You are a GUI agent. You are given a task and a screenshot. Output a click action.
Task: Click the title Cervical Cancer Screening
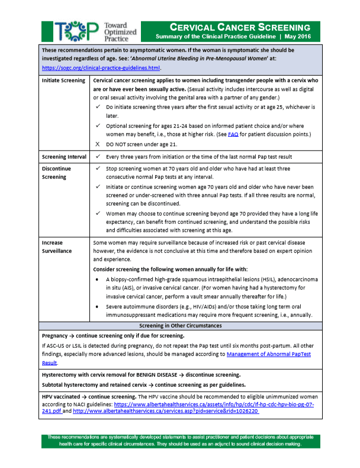pos(240,27)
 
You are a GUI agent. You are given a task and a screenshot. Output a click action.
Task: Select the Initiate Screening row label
pos(63,80)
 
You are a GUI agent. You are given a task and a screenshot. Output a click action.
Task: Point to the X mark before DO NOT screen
pos(98,145)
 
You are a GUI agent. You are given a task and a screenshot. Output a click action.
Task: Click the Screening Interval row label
pos(65,156)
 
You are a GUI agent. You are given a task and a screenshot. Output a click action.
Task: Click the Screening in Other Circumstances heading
pos(179,326)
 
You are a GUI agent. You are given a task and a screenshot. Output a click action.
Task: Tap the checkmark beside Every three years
pos(98,156)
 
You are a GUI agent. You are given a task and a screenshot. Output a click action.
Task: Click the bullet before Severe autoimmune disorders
pos(98,307)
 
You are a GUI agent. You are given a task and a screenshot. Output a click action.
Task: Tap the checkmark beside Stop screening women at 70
pos(98,169)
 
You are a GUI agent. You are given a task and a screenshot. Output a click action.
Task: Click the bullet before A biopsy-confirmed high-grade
pos(98,278)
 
